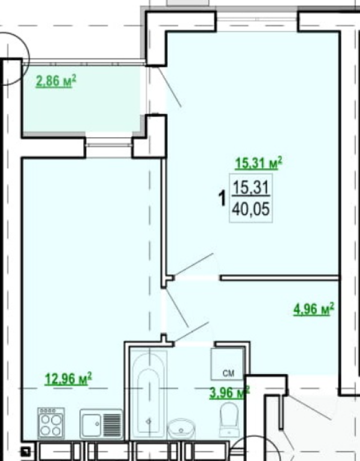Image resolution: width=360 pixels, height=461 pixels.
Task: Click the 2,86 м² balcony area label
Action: click(56, 81)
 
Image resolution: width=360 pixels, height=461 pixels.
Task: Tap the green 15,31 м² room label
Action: click(259, 163)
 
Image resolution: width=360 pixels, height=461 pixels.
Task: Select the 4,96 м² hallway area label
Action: click(314, 309)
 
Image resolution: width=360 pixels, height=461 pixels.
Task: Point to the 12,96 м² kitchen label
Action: click(68, 378)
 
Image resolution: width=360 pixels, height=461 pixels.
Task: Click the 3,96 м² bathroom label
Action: click(229, 393)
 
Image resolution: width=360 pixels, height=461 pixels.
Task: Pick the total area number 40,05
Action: click(251, 210)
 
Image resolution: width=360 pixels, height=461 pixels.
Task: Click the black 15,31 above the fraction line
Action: click(251, 187)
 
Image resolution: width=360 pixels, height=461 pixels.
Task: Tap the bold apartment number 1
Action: click(222, 198)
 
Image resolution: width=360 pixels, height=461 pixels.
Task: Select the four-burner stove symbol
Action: click(51, 423)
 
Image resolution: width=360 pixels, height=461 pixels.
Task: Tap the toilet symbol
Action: click(229, 419)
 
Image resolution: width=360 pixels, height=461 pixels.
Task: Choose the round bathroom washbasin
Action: click(181, 429)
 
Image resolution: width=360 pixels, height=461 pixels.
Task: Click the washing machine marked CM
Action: click(228, 363)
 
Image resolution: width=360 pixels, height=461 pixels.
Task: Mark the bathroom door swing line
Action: click(191, 332)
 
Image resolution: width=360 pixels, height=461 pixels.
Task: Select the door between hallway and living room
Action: click(193, 265)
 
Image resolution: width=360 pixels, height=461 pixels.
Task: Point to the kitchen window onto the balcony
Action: click(109, 145)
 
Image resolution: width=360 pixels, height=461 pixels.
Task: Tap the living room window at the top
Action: click(257, 20)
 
